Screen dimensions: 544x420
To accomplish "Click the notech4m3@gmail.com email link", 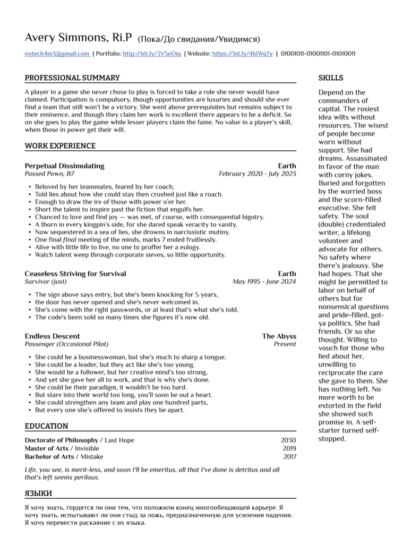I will (x=57, y=54).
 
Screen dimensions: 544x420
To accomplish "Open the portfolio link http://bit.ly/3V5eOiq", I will (x=152, y=54).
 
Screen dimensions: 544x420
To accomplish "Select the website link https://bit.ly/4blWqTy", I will (x=242, y=54).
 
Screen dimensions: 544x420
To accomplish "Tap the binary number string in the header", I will (x=318, y=54).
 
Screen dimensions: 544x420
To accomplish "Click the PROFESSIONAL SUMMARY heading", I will (x=72, y=78).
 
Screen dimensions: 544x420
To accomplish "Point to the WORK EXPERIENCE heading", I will (x=60, y=146).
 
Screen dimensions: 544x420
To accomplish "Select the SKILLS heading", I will (x=331, y=78).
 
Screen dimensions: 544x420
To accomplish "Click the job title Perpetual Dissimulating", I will (x=64, y=166).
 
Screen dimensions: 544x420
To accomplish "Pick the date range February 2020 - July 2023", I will (x=258, y=174).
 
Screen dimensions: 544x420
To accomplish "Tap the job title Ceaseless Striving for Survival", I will (x=75, y=274).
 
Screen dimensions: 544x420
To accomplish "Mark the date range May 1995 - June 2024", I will (x=264, y=282).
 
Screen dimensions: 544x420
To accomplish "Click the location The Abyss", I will (x=279, y=336).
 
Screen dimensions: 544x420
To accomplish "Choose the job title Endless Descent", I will (x=52, y=336).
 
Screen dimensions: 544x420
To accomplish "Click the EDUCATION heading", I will (x=47, y=426).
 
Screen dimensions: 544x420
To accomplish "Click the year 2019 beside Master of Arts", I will (x=289, y=448).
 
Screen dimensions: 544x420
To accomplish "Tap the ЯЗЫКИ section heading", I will (x=38, y=494).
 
